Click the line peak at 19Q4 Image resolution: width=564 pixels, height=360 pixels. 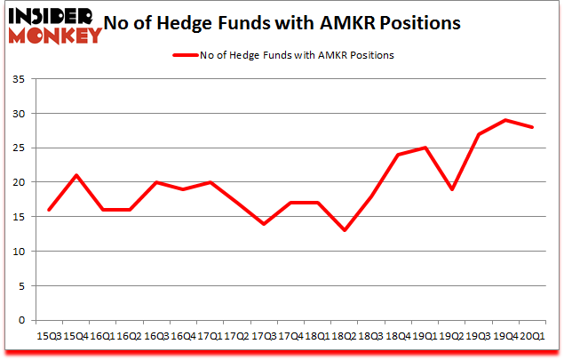(x=505, y=120)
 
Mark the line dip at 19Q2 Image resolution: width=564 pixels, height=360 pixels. (x=453, y=189)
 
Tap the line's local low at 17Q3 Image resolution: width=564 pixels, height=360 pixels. (x=263, y=224)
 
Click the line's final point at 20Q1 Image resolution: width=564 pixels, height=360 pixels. (x=532, y=127)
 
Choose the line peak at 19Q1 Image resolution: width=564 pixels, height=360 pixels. (x=425, y=148)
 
